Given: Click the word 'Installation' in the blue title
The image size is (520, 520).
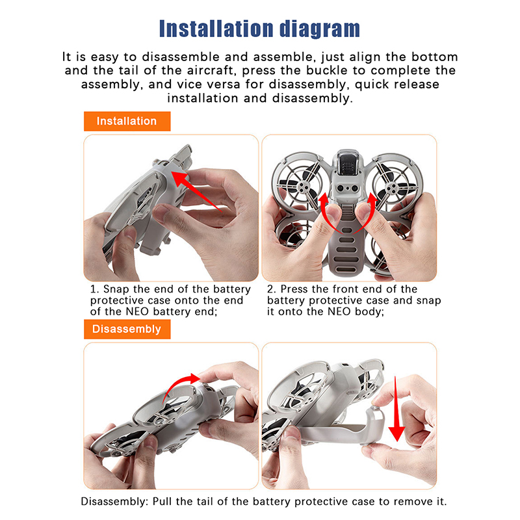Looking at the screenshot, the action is point(217,29).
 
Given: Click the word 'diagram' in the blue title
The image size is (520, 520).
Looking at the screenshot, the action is point(320,29).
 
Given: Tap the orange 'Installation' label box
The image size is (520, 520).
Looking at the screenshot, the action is point(127,122).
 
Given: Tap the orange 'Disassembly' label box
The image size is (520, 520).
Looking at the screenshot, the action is point(127,330).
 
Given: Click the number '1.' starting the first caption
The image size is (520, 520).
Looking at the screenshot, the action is point(95,289).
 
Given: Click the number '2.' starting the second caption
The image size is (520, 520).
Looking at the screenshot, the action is point(272,289).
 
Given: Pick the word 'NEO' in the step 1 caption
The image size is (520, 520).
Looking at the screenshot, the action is point(138,312).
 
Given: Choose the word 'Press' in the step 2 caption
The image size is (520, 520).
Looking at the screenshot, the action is point(294,289).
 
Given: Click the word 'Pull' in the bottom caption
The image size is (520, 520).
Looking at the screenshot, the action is point(162,501).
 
